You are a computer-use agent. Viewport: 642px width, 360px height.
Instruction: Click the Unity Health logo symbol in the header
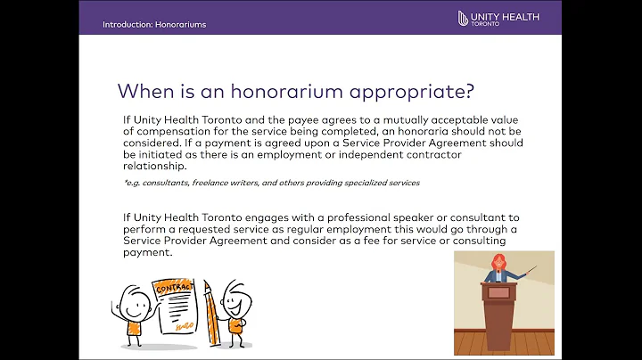pyautogui.click(x=463, y=18)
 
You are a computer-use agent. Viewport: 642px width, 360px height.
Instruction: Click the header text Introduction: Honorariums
pyautogui.click(x=154, y=24)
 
